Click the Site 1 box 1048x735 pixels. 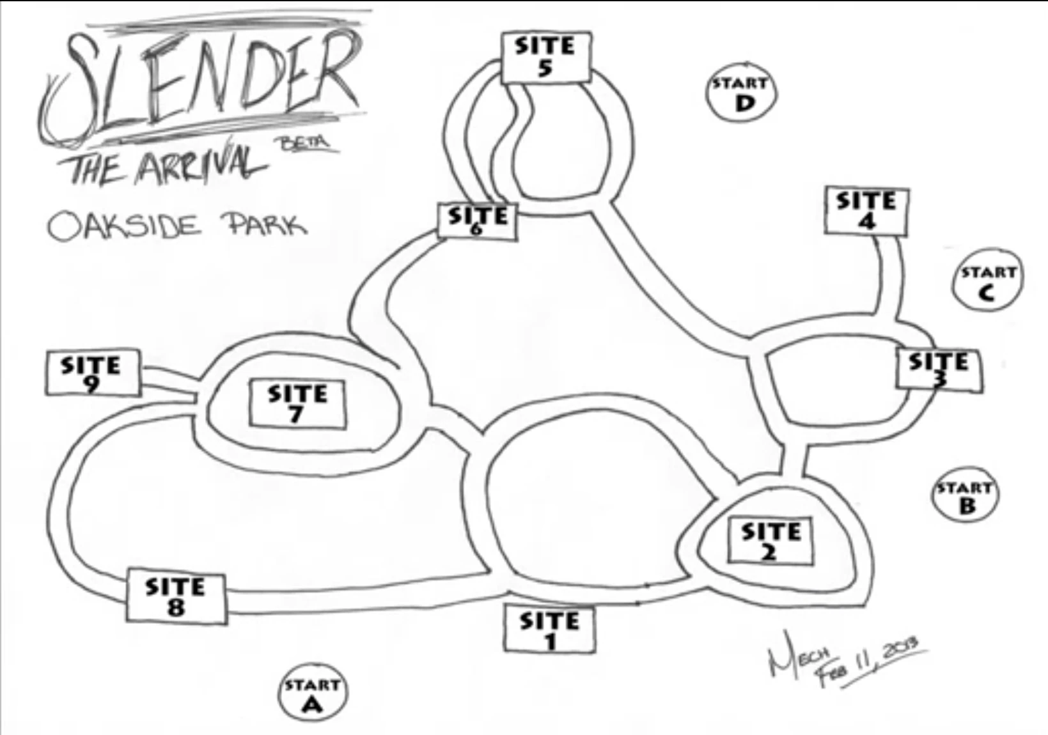(549, 629)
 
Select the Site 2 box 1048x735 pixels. (771, 541)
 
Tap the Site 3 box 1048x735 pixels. (939, 369)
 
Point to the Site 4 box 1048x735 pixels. (866, 210)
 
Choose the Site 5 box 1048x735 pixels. (545, 57)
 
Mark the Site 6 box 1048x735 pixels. (478, 221)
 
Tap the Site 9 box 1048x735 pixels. (92, 373)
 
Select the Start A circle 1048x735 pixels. (312, 694)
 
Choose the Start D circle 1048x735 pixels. (740, 93)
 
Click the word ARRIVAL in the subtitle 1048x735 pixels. (199, 163)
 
